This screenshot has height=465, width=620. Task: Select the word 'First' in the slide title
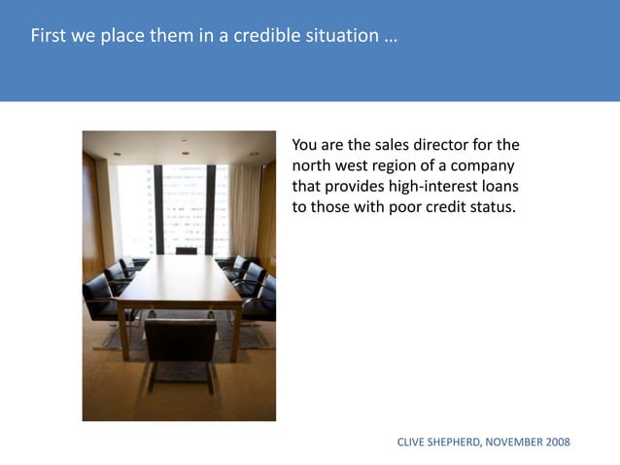click(49, 37)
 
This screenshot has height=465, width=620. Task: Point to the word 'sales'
click(394, 146)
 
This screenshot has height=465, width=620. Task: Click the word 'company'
click(483, 166)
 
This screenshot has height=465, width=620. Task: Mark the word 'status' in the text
click(492, 207)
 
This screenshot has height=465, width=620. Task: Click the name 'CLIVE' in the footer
click(412, 443)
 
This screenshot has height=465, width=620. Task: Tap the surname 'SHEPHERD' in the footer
click(462, 443)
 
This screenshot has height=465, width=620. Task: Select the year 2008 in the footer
click(557, 443)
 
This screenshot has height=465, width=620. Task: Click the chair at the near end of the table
click(180, 345)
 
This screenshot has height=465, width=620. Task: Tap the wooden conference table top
click(180, 282)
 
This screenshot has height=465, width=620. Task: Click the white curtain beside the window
click(244, 209)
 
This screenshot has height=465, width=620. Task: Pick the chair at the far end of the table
click(186, 250)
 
